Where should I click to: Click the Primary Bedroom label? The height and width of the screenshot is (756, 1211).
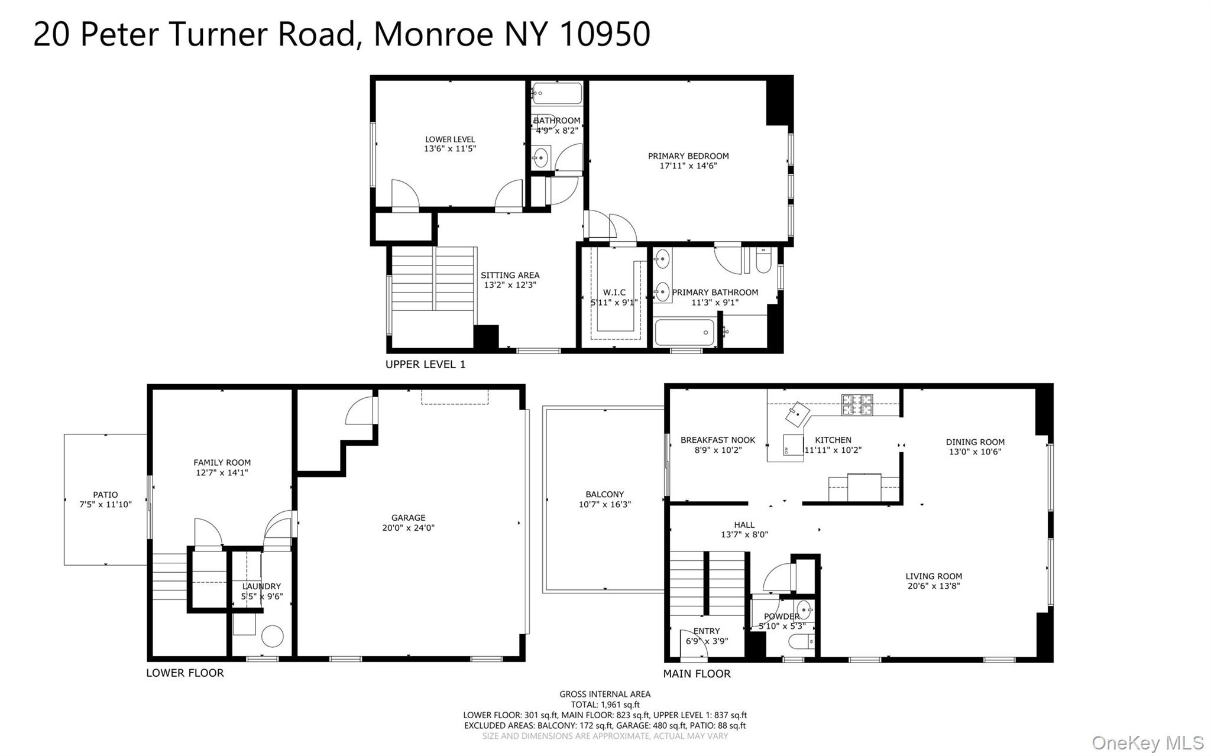pos(688,156)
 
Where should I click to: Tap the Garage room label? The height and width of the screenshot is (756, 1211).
pos(408,518)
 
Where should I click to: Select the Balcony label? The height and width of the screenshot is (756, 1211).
pos(605,494)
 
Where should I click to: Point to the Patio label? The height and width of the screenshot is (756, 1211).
pos(105,495)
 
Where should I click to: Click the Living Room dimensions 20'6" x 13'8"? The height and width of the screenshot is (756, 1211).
pos(934,586)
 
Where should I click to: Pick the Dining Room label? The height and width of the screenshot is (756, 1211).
pos(975,442)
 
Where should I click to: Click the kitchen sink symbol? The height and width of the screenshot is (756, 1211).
pos(797,414)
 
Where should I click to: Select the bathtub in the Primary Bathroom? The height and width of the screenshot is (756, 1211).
pos(685,333)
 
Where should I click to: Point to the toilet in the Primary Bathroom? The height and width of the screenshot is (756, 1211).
pos(763,261)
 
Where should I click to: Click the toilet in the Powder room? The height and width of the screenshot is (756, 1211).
pos(801,641)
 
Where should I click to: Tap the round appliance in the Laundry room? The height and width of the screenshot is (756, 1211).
pos(273,636)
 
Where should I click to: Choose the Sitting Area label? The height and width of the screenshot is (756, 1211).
pos(510,275)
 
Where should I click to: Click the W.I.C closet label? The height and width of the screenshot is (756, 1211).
pos(614,293)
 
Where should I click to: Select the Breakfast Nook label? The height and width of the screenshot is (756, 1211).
pos(718,440)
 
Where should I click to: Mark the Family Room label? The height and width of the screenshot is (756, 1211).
pos(222,463)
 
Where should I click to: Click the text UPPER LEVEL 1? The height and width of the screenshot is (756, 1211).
pos(425,365)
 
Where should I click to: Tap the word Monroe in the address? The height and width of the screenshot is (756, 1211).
pos(433,34)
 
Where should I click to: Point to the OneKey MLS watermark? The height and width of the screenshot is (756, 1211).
pos(1148,742)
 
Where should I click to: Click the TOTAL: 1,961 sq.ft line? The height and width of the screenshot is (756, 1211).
pos(605,705)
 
